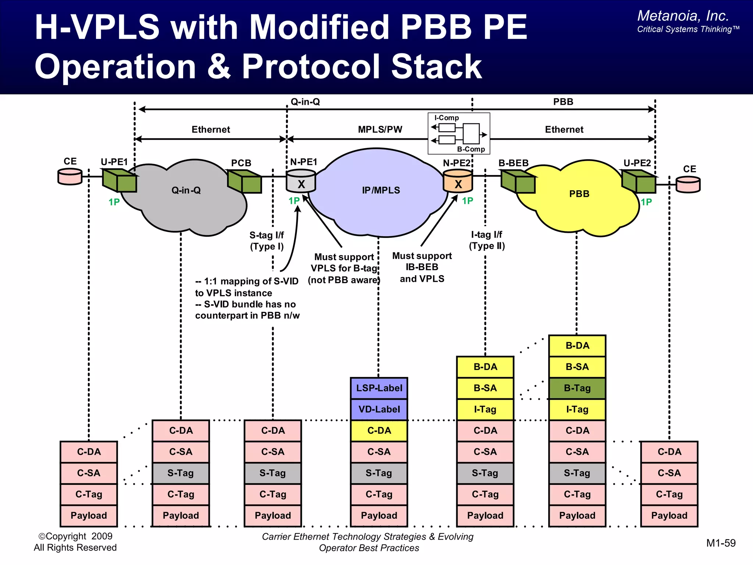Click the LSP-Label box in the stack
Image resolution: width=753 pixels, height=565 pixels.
coord(379,388)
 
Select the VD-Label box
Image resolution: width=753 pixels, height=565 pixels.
coord(379,409)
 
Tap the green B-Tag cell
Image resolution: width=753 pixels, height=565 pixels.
coord(577,388)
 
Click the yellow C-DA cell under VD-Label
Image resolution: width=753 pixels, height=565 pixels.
coord(379,431)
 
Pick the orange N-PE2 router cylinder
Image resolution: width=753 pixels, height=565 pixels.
coord(458,181)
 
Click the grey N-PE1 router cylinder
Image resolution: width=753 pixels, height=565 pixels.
coord(301,181)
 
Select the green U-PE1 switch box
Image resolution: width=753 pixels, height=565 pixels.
coord(119,181)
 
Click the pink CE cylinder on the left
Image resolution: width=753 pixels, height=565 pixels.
coord(70,177)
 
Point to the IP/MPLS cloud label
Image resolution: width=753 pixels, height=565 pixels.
coord(381,190)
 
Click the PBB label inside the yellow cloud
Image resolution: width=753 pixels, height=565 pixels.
coord(579,194)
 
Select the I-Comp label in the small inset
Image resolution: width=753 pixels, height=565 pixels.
coord(446,118)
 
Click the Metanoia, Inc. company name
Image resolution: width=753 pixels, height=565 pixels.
coord(683,16)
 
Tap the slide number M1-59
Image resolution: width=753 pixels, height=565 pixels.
coord(721,543)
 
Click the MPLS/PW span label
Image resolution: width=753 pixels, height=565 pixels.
coord(380,129)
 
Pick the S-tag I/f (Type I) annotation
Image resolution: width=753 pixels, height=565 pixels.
coord(267,241)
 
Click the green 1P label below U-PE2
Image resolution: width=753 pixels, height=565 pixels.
coord(646,202)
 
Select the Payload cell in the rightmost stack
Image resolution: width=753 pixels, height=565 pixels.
coord(669,516)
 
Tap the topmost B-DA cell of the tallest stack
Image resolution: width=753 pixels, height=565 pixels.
coord(577,346)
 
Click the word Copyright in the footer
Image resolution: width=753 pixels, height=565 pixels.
coord(66,536)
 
